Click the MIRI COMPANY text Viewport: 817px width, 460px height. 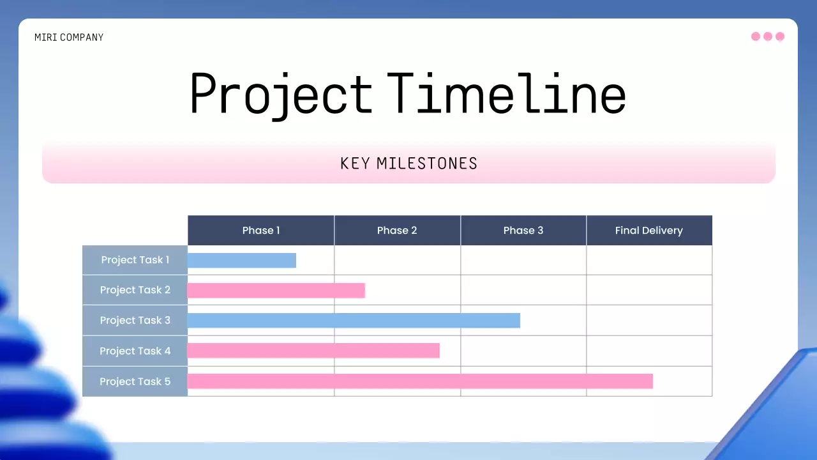[69, 38]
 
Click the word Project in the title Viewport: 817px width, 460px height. [281, 94]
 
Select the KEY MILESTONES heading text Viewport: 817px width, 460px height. [408, 164]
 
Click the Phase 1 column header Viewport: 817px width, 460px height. [261, 231]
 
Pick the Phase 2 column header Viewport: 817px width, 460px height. [397, 231]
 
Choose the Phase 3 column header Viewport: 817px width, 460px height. [523, 231]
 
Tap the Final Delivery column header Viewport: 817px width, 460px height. [648, 231]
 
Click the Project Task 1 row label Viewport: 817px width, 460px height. [135, 260]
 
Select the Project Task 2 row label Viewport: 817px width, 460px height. [135, 290]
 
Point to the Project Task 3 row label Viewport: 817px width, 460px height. [135, 321]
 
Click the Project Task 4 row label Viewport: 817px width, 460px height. [135, 351]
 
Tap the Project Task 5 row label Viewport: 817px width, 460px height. [135, 381]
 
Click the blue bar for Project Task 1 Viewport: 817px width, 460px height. [242, 261]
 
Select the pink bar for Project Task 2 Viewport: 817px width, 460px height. [276, 291]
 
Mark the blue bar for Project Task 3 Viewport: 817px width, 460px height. [354, 321]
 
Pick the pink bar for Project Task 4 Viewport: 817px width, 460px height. [313, 351]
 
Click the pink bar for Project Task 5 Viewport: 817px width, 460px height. [420, 381]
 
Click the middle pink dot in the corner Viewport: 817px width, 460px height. [768, 36]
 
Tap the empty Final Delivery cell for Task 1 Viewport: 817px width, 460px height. [649, 260]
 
